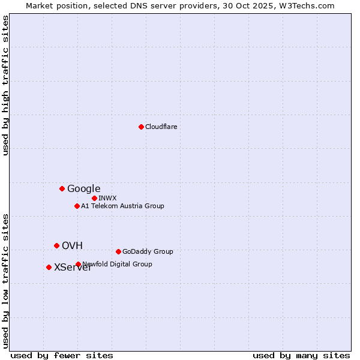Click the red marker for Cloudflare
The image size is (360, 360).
point(141,127)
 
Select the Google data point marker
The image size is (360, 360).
point(62,188)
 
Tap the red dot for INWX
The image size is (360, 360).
point(94,198)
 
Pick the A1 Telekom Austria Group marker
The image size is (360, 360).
point(77,206)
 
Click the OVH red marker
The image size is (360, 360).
point(56,245)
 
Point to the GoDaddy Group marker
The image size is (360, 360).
point(118,251)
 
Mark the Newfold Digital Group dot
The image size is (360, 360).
point(78,264)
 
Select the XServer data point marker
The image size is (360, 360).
point(49,267)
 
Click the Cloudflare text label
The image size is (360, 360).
point(161,127)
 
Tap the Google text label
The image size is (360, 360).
point(83,188)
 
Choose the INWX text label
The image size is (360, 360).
point(107,198)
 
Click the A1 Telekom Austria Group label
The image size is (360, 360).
point(122,206)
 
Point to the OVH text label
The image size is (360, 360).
point(72,245)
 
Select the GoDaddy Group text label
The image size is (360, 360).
point(148,251)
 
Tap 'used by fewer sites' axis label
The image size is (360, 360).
point(62,355)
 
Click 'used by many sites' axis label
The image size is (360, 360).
point(301,355)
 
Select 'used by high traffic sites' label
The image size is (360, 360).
point(6,85)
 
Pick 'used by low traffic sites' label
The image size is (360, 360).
point(6,280)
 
